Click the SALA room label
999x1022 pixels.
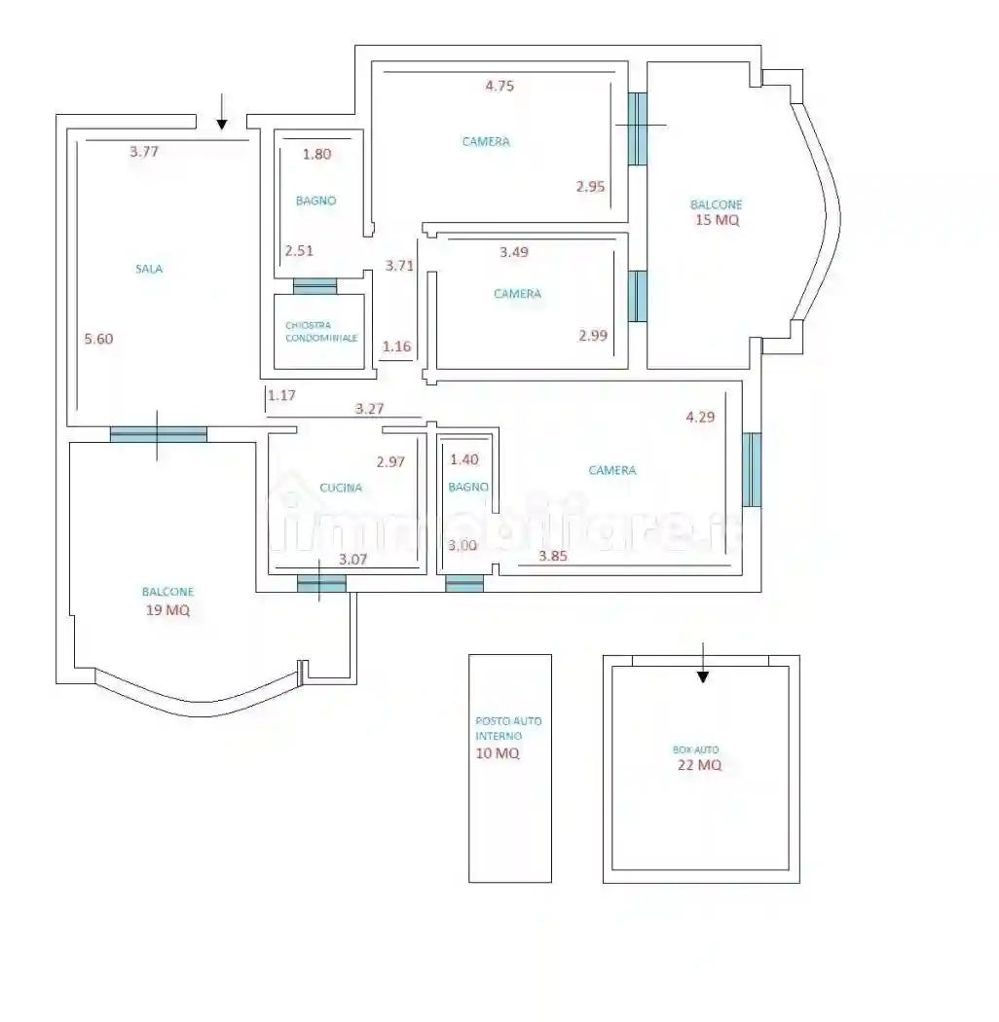click(149, 269)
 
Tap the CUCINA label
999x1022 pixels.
click(341, 488)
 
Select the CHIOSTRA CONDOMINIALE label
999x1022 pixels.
click(321, 332)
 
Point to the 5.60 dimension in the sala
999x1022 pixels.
click(98, 339)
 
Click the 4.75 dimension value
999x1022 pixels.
click(499, 86)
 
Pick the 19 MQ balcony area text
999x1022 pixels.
click(167, 610)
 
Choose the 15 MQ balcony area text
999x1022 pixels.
click(718, 220)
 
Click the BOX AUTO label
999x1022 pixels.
click(696, 749)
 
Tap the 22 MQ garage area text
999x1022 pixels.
click(699, 764)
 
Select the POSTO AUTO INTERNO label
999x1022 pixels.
click(508, 728)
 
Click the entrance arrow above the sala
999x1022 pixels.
click(222, 112)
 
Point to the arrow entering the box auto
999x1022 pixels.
click(702, 663)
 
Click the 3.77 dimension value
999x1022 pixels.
click(144, 152)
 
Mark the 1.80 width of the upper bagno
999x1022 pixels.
click(316, 155)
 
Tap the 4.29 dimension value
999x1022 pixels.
click(700, 418)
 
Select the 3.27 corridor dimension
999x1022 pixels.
click(369, 409)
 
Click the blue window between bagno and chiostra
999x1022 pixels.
click(314, 286)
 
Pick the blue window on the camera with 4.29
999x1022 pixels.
click(752, 469)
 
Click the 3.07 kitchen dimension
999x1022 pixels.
click(352, 560)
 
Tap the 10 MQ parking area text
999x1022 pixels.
click(498, 753)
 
